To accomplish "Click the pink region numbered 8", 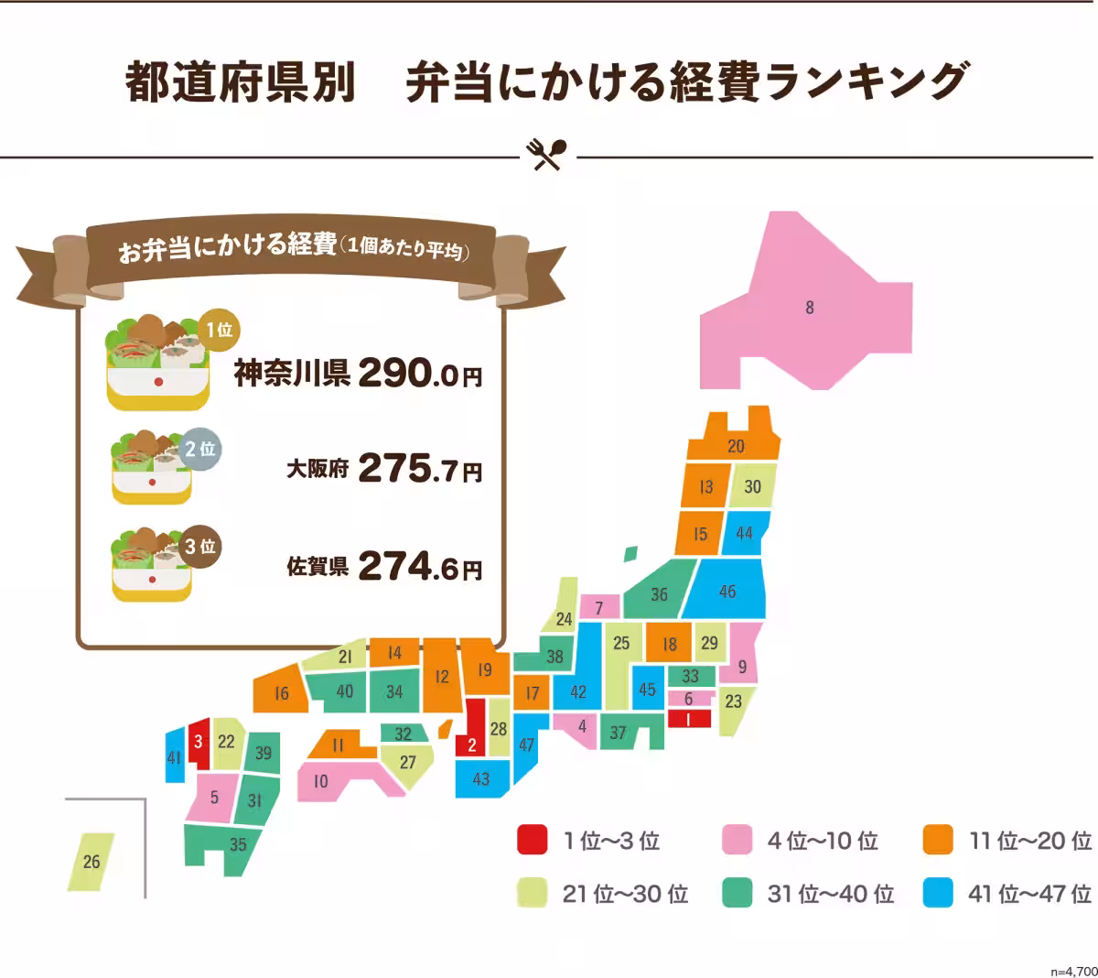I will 809,307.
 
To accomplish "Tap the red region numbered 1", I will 688,719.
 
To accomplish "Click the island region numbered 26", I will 91,861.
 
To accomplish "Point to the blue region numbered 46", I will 727,592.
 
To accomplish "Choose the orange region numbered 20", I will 736,446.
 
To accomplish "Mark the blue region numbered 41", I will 174,757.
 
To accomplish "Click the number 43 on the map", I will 481,779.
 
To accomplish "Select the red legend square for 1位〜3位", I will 532,840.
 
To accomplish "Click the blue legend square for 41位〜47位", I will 938,893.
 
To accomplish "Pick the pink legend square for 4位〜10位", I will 737,840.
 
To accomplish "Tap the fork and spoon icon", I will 548,154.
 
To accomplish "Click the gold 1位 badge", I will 219,331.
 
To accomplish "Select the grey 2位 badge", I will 199,450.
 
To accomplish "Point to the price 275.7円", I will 420,470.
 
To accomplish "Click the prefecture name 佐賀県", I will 318,567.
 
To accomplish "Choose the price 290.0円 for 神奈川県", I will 420,373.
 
